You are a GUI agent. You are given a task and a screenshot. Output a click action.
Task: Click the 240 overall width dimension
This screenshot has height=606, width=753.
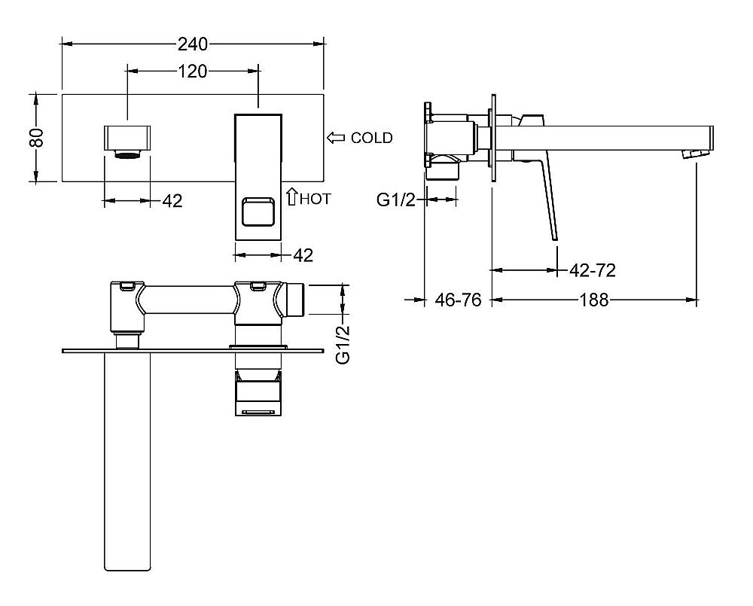194,44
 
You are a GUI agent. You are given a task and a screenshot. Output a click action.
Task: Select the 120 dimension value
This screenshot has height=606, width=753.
194,72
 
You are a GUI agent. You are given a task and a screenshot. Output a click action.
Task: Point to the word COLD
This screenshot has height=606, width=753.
372,138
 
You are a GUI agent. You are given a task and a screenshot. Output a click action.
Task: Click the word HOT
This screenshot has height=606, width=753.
316,199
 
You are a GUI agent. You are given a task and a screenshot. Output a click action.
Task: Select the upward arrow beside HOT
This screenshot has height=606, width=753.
291,196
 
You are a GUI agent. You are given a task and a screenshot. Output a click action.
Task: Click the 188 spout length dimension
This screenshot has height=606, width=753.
594,300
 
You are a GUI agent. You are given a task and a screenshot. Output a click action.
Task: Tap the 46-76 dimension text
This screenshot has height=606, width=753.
458,300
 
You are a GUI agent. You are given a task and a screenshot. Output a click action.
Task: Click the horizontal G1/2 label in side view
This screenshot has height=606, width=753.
396,199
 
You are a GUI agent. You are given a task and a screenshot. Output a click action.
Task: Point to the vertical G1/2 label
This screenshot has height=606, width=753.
344,344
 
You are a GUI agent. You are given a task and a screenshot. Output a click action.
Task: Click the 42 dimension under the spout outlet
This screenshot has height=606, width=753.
172,201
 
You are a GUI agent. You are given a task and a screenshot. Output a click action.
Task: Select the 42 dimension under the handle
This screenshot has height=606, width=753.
303,256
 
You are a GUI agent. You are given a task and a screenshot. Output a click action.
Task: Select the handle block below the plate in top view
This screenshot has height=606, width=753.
258,391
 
